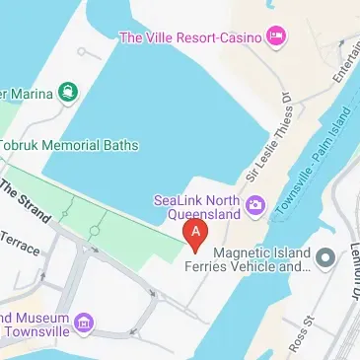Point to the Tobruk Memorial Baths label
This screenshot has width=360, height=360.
pos(68,145)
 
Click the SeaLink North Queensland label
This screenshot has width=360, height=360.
pos(197,206)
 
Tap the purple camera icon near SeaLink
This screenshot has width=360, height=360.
pos(255,206)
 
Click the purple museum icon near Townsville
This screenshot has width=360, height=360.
pos(84,324)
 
